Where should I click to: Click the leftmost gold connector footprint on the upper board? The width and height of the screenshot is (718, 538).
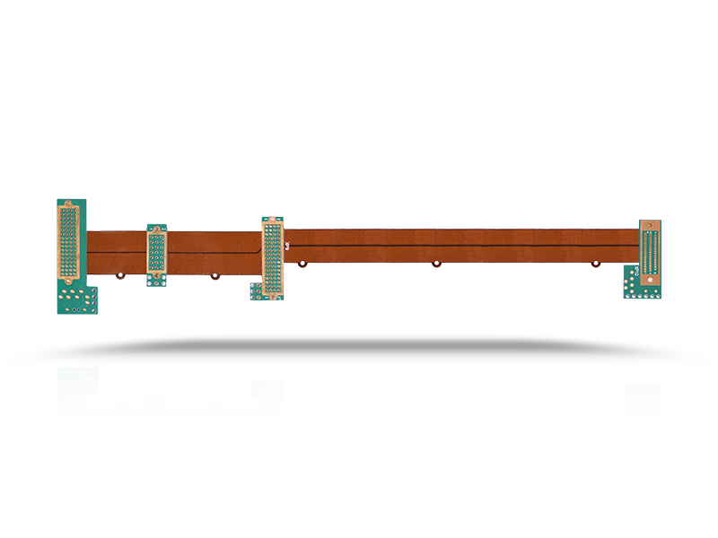pos(69,240)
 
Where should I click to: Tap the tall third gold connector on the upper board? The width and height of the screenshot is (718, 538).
pos(272,257)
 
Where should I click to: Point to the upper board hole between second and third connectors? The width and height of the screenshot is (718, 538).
pos(215,275)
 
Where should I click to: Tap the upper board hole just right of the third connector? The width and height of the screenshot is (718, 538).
pos(304,264)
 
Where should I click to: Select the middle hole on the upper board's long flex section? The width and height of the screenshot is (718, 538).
pos(436,264)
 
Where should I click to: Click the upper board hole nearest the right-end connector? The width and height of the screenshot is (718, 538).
pos(595,264)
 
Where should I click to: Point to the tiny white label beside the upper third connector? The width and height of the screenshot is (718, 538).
pos(286,244)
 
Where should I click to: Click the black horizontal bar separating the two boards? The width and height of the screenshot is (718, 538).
pos(359,350)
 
